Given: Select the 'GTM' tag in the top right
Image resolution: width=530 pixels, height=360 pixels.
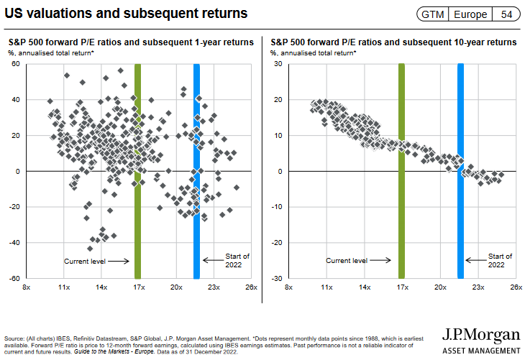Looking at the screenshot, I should click(432, 14).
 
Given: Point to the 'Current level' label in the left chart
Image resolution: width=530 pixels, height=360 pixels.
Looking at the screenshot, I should click(85, 261).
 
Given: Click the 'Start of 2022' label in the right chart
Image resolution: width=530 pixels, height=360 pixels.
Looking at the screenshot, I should click(500, 260).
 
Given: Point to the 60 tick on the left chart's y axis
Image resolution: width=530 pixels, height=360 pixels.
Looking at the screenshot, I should click(14, 65).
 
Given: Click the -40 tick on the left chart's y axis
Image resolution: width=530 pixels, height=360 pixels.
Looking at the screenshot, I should click(12, 243).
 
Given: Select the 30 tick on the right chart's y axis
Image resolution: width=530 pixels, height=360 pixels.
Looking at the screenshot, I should click(277, 65).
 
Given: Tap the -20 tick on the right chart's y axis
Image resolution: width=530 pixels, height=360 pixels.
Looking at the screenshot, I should click(275, 243).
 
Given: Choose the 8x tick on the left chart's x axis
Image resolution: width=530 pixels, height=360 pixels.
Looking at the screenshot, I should click(26, 287).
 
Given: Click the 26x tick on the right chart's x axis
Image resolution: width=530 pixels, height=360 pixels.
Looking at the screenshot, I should click(515, 287).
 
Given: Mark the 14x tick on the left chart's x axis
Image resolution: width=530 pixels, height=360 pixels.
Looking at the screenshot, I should click(101, 287).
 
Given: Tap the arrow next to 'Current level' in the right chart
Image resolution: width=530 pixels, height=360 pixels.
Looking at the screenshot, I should click(382, 261).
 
